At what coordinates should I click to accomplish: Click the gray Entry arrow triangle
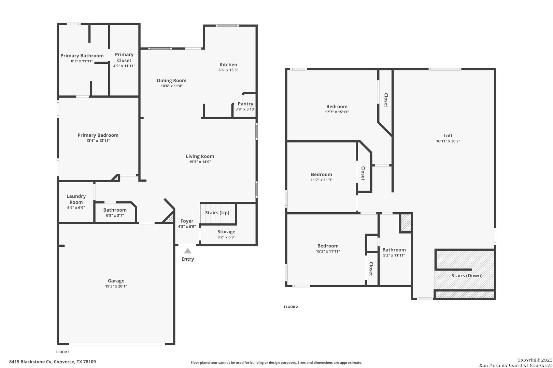[x=188, y=251]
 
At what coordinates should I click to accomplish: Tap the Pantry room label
[x=245, y=104]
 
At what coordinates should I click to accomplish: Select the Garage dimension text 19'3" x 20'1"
[x=116, y=286]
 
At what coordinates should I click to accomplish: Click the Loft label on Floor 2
[x=448, y=136]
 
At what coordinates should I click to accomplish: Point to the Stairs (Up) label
[x=217, y=213]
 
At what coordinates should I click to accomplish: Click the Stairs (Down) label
[x=467, y=276]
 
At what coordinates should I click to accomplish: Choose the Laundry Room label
[x=76, y=199]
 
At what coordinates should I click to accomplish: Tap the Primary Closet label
[x=124, y=58]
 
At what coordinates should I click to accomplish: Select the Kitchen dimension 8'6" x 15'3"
[x=228, y=70]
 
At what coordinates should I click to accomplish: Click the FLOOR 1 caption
[x=62, y=352]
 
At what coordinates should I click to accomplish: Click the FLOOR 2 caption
[x=291, y=307]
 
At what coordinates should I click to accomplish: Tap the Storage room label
[x=226, y=232]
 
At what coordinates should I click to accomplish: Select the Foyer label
[x=187, y=221]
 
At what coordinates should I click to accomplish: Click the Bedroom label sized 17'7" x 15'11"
[x=337, y=106]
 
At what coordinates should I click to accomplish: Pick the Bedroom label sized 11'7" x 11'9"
[x=322, y=174]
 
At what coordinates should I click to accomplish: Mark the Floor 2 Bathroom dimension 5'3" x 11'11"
[x=394, y=255]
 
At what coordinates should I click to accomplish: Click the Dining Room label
[x=172, y=80]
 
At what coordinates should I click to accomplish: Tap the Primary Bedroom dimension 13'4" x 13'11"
[x=98, y=141]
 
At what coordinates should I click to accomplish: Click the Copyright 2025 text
[x=535, y=360]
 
